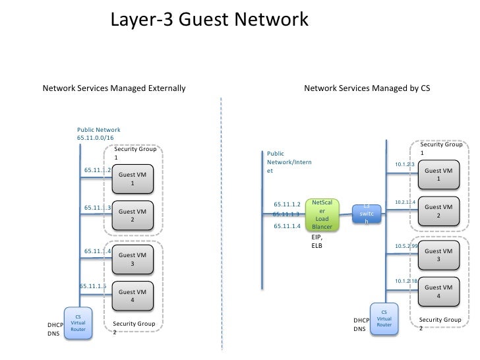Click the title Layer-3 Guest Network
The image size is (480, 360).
[x=208, y=20]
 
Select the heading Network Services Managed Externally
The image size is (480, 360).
[x=114, y=88]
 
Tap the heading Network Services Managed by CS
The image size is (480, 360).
[x=367, y=88]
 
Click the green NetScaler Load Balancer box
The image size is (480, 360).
[x=322, y=214]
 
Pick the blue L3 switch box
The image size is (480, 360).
[x=366, y=214]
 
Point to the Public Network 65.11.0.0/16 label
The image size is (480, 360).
[x=99, y=134]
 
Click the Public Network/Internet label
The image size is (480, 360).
[x=289, y=162]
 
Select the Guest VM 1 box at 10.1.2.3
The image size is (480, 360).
[x=438, y=175]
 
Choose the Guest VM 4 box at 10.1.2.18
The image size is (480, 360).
[x=438, y=291]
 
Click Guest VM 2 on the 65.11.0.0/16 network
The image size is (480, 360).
[x=132, y=216]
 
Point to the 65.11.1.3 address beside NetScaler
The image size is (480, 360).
[x=286, y=214]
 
